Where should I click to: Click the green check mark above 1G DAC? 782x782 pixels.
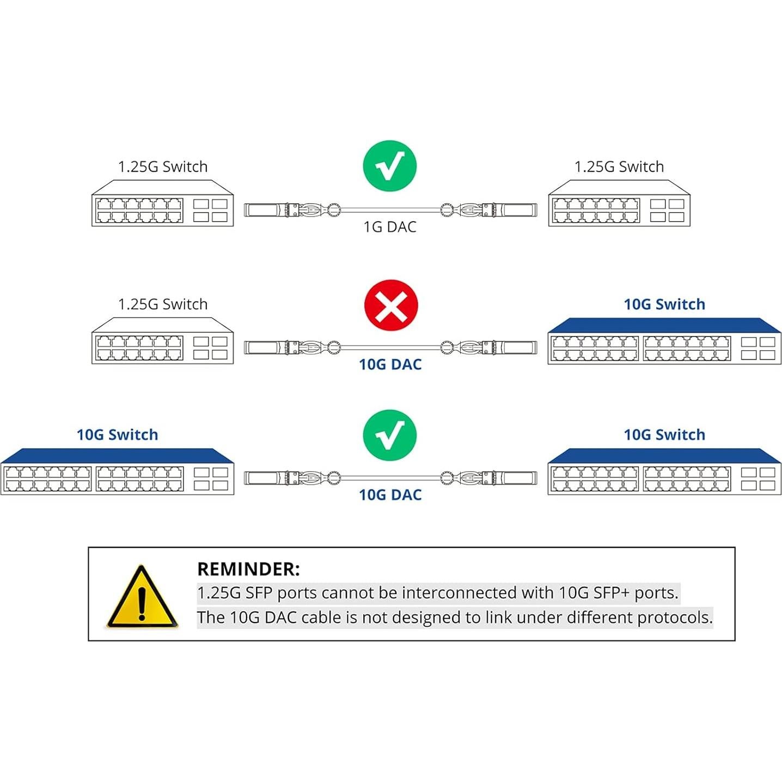[390, 166]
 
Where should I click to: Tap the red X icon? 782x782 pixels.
[391, 306]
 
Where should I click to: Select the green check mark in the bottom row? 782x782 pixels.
[390, 435]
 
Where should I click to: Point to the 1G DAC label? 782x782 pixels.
[390, 227]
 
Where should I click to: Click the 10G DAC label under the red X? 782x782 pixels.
[390, 364]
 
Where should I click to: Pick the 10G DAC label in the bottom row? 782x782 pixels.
[390, 494]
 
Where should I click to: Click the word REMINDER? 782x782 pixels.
[248, 569]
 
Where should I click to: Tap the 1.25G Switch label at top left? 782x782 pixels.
[163, 167]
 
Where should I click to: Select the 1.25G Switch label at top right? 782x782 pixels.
[619, 167]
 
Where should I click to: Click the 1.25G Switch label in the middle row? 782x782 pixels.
[163, 304]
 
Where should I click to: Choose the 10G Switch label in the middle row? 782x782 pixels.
[664, 304]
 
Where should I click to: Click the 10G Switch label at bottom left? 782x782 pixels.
[117, 435]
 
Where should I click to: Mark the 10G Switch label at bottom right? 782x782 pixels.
[664, 435]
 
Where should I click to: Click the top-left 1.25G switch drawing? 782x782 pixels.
[162, 204]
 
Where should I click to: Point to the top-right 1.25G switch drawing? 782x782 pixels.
[619, 204]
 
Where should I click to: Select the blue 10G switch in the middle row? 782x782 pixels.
[664, 341]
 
